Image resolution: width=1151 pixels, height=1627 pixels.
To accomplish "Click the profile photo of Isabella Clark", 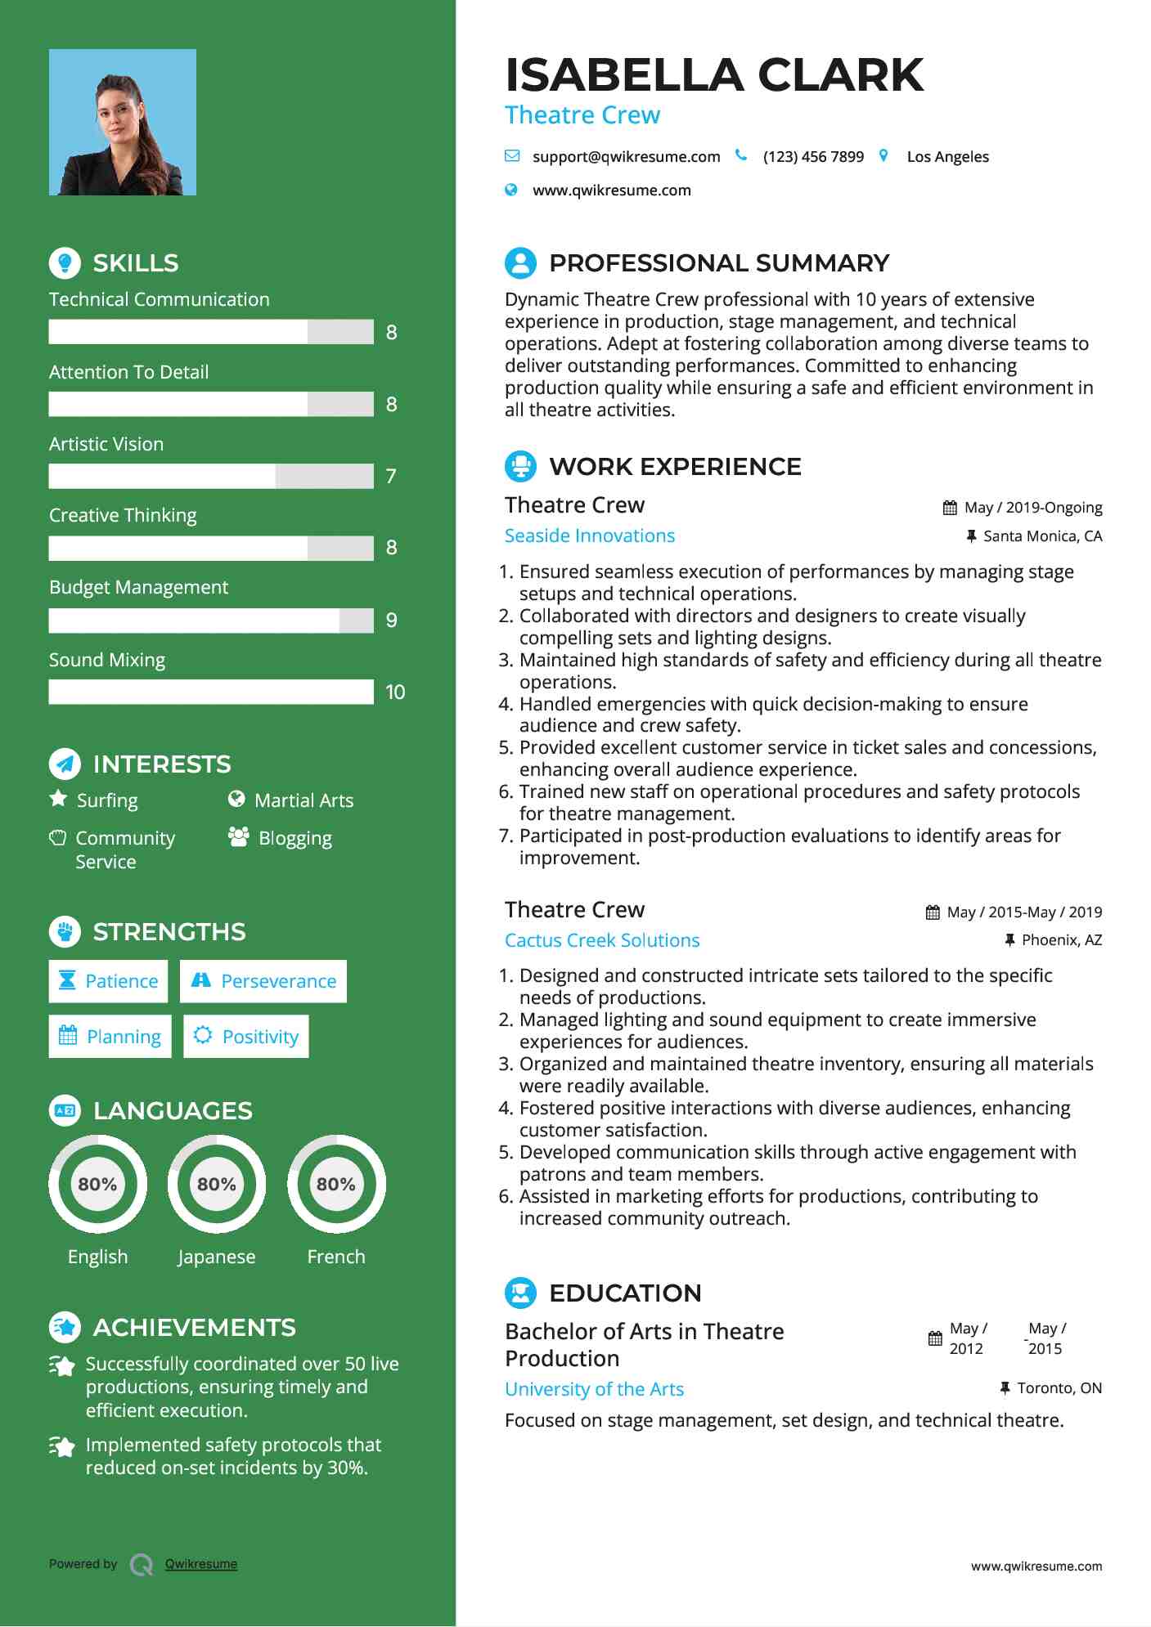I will [123, 122].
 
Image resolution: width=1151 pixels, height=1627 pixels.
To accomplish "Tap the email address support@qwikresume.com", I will [626, 156].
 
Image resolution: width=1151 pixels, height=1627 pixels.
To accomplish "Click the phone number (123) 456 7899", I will [813, 156].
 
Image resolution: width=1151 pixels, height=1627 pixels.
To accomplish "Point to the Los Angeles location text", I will [947, 156].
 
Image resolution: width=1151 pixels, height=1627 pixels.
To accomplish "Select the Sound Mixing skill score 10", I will [395, 692].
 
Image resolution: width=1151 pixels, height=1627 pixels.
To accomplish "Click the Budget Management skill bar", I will [211, 621].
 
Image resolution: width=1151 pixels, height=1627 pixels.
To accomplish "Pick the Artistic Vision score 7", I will [391, 476].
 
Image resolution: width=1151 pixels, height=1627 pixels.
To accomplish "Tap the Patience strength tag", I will [108, 981].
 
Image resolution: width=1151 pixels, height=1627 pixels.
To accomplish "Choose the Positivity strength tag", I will [246, 1037].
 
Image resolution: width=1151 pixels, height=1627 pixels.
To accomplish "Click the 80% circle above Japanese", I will [217, 1184].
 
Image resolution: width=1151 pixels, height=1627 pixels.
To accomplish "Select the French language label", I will [336, 1257].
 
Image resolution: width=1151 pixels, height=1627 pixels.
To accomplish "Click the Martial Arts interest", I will [303, 800].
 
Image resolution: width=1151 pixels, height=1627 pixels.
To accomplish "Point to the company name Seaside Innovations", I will [590, 536].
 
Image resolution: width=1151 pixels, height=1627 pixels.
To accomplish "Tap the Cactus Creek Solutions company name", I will [602, 940].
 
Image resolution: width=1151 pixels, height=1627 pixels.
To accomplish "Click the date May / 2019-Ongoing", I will [1032, 508].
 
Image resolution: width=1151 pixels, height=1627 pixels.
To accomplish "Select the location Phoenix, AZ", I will [1061, 940].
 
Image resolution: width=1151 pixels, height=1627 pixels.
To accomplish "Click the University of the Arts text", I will [594, 1389].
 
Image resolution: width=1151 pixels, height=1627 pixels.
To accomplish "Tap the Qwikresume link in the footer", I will [201, 1564].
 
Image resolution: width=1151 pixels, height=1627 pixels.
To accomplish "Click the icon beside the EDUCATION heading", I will [520, 1293].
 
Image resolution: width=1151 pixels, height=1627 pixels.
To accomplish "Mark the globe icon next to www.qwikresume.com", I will [511, 190].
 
